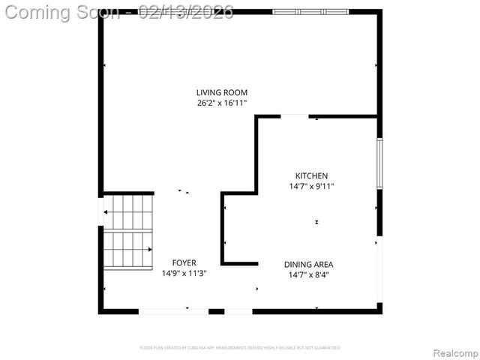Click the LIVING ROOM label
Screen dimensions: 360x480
tap(221, 92)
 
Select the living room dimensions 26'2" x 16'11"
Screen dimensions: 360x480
tap(221, 103)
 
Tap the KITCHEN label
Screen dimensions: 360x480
tap(311, 175)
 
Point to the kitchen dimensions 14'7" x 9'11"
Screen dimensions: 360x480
tap(311, 186)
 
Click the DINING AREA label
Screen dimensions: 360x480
tap(308, 264)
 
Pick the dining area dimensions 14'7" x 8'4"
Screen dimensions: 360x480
tap(308, 274)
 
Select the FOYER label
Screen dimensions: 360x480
tap(184, 262)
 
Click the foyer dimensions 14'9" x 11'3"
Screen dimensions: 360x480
tap(184, 273)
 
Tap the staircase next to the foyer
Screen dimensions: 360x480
tap(127, 231)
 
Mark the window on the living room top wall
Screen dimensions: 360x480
tap(310, 12)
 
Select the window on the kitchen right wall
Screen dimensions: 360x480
tap(379, 163)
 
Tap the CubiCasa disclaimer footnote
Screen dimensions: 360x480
tap(240, 348)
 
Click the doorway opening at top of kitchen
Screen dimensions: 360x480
tap(294, 116)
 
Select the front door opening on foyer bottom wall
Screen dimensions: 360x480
tap(173, 310)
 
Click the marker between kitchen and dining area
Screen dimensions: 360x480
tap(316, 222)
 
